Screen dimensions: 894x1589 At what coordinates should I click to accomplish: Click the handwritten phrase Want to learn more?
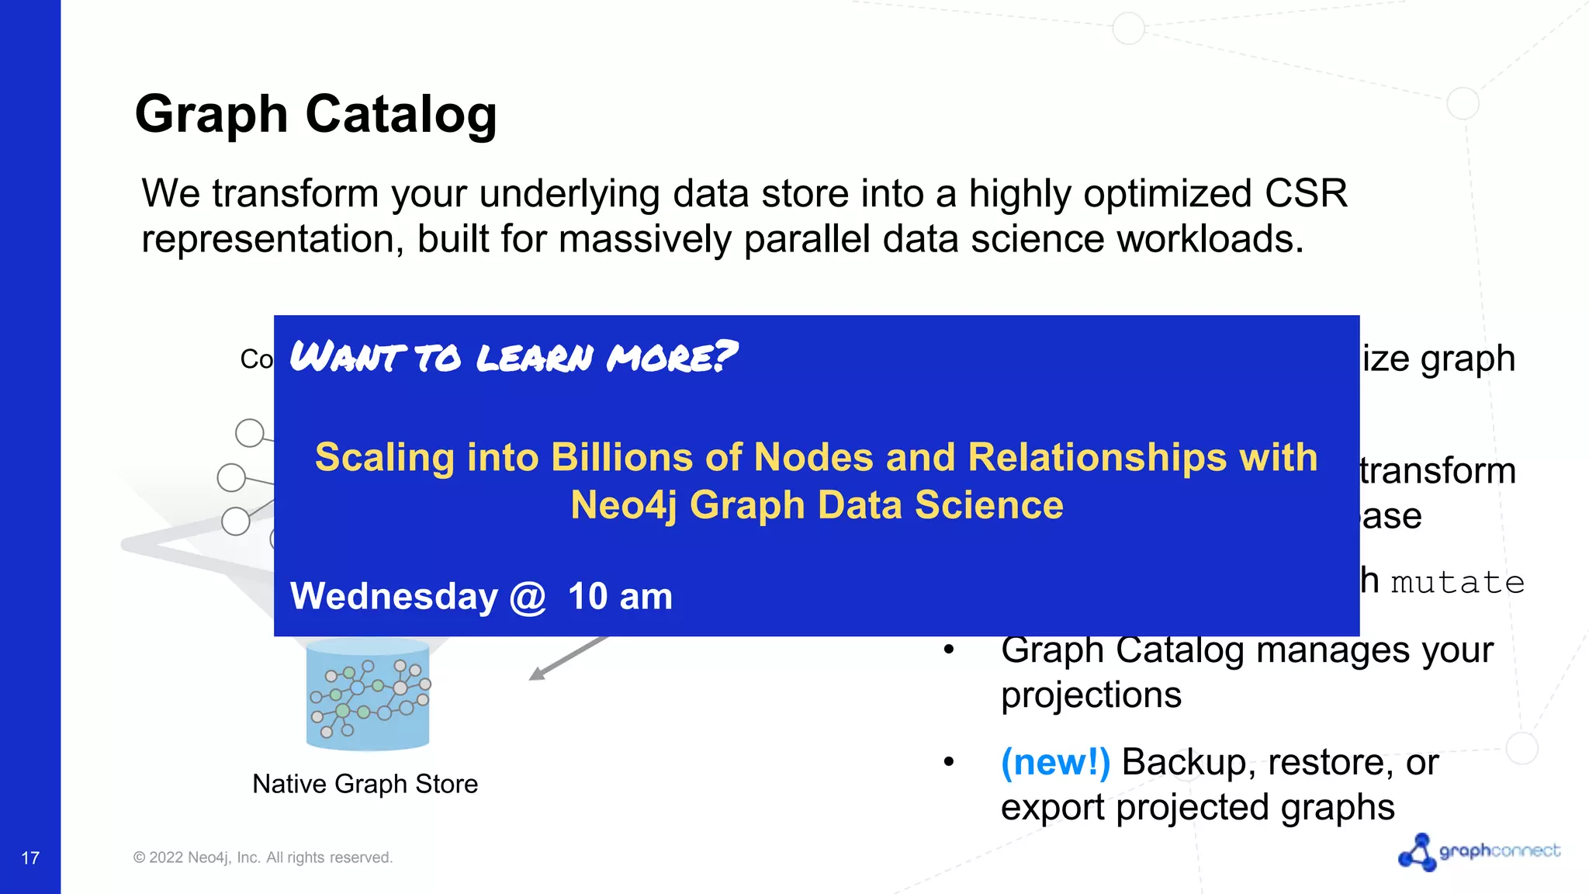coord(513,357)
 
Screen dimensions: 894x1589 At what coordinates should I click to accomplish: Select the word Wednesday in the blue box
coord(393,597)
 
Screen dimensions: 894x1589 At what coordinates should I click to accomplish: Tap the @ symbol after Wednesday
coord(528,598)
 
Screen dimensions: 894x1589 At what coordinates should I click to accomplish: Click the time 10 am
coord(620,597)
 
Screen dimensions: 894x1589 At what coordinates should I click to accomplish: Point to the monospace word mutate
coord(1457,582)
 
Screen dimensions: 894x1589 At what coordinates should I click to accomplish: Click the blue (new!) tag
coord(1055,762)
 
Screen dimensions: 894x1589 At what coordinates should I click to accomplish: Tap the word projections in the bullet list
coord(1090,695)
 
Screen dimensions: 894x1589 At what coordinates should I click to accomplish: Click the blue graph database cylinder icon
coord(368,694)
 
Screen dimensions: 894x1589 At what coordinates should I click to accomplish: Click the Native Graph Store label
coord(365,784)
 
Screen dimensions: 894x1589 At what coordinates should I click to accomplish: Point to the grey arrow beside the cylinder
coord(567,658)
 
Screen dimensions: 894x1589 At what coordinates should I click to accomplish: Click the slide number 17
coord(30,858)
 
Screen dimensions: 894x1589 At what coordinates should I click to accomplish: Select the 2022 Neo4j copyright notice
coord(263,858)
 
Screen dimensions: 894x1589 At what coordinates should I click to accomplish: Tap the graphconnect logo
coord(1479,852)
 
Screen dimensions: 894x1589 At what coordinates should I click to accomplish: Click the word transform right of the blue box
coord(1438,471)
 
